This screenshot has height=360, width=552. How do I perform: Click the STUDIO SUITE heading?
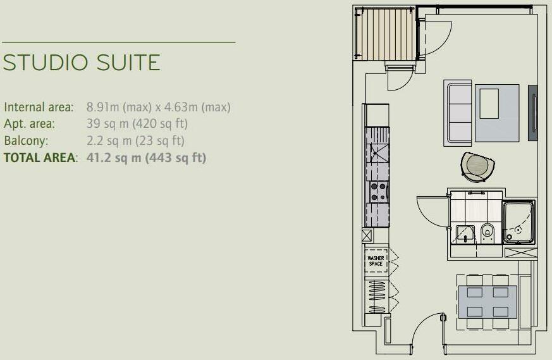tap(82, 63)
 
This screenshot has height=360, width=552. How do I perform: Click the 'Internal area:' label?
tap(39, 108)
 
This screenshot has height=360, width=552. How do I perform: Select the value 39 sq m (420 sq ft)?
tap(137, 124)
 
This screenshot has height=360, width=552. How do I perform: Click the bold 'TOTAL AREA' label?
tap(40, 157)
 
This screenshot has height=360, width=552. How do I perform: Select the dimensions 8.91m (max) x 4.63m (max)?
tap(158, 108)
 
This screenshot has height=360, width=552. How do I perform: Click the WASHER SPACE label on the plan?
tap(376, 261)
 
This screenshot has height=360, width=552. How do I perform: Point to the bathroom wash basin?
tap(465, 233)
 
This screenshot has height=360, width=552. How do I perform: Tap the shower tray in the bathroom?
tap(518, 221)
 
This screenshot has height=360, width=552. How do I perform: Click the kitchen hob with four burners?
tap(378, 191)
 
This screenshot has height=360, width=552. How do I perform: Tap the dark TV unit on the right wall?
tap(533, 113)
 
